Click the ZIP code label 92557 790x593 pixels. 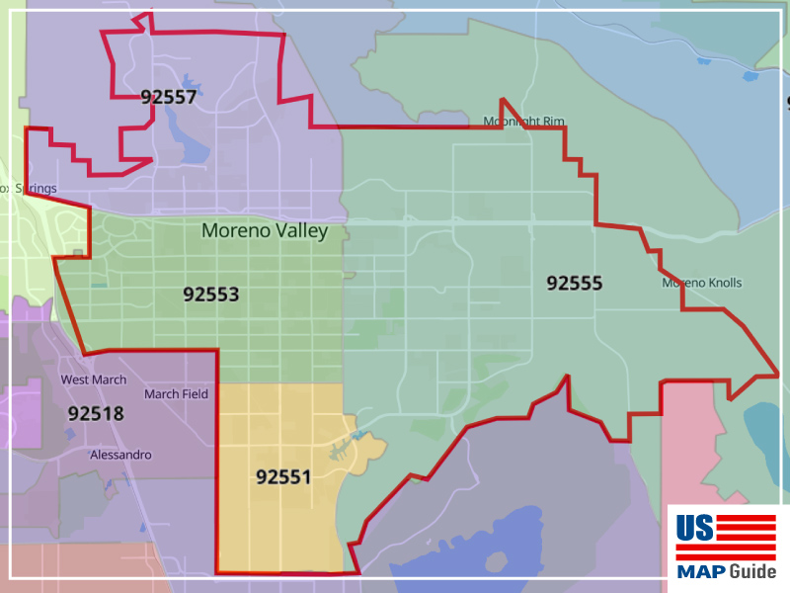[168, 97]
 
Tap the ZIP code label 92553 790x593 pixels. [211, 294]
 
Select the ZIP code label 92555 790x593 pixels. [575, 284]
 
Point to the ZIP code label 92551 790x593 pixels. [283, 477]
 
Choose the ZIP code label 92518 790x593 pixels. [96, 413]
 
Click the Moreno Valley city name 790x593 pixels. [265, 230]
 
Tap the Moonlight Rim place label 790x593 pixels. [523, 122]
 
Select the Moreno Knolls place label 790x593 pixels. [701, 284]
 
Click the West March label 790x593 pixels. [94, 380]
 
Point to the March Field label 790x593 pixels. [176, 394]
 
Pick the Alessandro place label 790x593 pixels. [120, 455]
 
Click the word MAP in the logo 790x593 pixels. [698, 571]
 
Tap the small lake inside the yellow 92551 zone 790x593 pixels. [351, 440]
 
